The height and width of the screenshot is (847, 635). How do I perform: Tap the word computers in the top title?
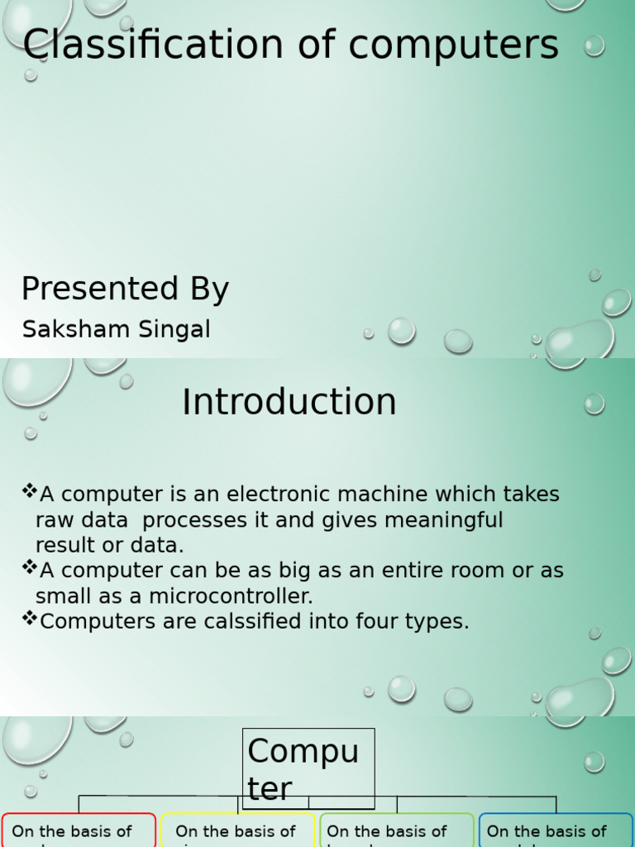[453, 46]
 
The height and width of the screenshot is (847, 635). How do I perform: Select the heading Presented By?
[125, 290]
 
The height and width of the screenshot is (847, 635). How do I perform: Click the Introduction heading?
[289, 402]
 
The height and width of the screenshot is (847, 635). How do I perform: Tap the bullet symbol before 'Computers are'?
[30, 619]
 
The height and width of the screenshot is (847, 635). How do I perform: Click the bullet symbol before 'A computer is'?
[30, 492]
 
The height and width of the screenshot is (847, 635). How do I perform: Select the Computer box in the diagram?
[308, 768]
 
